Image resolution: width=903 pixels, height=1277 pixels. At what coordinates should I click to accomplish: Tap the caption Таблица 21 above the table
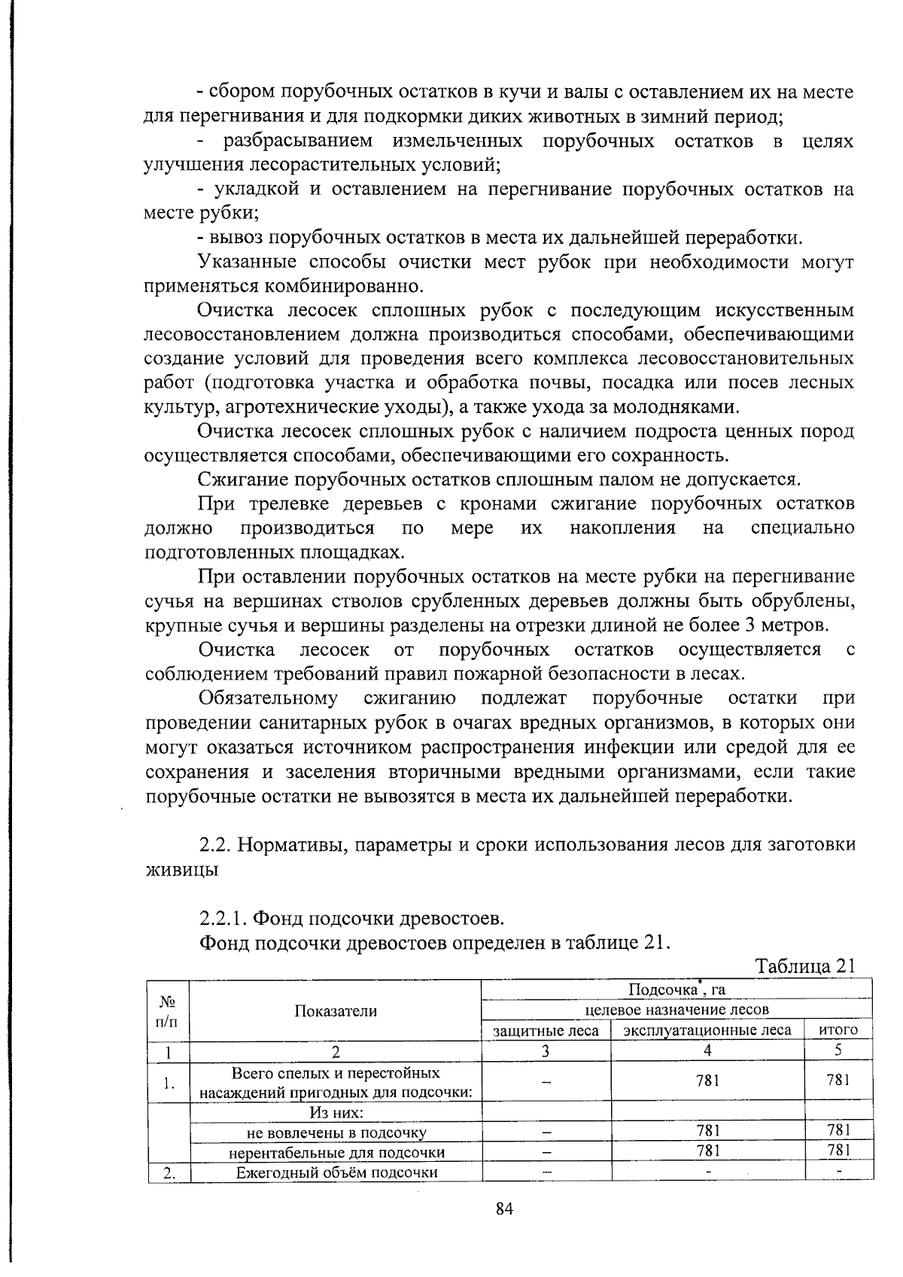(x=805, y=966)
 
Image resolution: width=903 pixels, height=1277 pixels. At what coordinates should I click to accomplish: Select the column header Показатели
(x=336, y=1011)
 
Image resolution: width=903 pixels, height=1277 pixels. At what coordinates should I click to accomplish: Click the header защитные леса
(x=546, y=1030)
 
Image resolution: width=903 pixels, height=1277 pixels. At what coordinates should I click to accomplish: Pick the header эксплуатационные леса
(x=707, y=1030)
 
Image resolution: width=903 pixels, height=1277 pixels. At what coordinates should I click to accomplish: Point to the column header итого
(x=838, y=1030)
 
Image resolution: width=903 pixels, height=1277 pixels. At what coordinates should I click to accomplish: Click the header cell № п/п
(x=168, y=1011)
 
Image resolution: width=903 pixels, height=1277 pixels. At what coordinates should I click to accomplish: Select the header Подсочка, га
(x=675, y=990)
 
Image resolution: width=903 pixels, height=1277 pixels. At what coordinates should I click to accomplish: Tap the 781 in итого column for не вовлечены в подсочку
(x=838, y=1130)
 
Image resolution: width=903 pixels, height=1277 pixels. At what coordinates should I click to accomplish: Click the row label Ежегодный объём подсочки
(x=336, y=1172)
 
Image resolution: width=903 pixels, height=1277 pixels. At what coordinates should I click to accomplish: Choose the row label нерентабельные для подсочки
(x=336, y=1152)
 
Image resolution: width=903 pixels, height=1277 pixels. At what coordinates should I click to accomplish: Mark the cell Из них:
(x=336, y=1112)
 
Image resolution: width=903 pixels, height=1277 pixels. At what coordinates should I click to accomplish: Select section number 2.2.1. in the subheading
(x=223, y=919)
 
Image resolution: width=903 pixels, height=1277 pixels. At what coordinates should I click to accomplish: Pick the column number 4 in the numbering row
(x=707, y=1050)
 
